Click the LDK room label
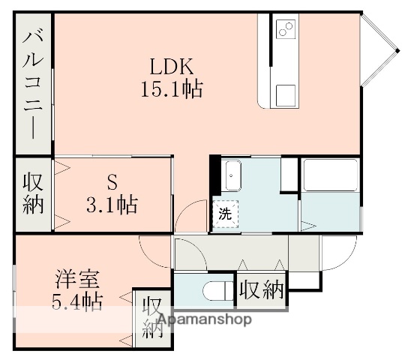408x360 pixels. [x=171, y=65]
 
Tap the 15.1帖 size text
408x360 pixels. [x=171, y=90]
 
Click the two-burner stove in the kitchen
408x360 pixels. [x=286, y=30]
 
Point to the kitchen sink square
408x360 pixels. [x=286, y=94]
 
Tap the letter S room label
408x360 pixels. [x=112, y=181]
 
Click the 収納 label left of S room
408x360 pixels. [x=32, y=193]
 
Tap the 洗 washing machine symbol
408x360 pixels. [x=225, y=213]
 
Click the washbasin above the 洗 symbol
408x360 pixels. [x=232, y=178]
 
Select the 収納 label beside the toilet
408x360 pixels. [x=261, y=289]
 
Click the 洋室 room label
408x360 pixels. [x=76, y=278]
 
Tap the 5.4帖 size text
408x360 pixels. [x=76, y=301]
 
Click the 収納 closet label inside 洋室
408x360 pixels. [x=153, y=317]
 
